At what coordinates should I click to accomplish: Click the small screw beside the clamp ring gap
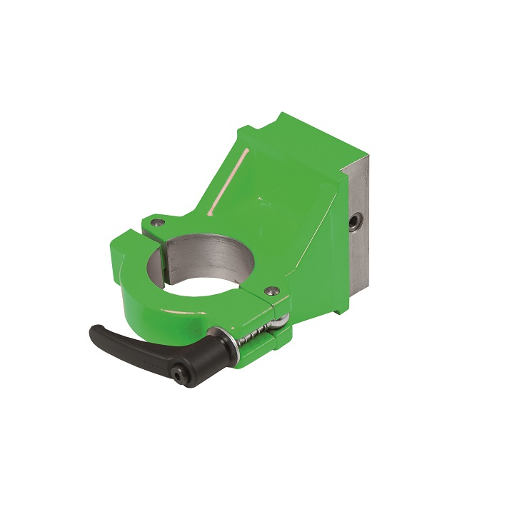(x=156, y=222)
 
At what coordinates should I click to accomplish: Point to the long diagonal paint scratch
(x=229, y=181)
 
